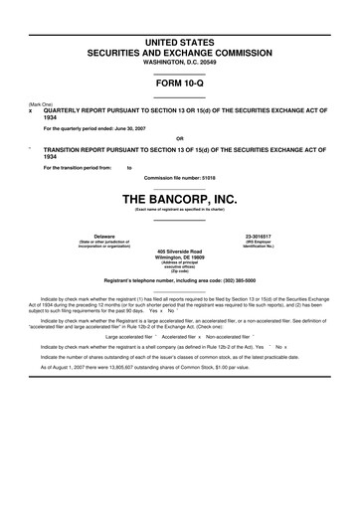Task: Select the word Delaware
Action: click(90, 236)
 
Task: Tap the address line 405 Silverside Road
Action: click(179, 252)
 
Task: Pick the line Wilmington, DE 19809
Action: click(179, 258)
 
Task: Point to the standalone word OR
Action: click(179, 138)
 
